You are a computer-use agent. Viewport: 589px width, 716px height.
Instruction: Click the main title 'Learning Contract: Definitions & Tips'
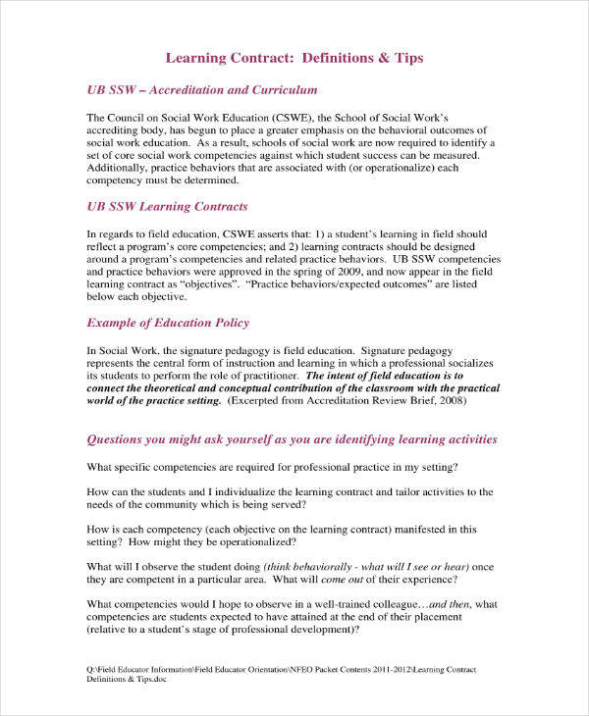coord(294,58)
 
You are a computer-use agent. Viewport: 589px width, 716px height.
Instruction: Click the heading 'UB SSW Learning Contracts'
coord(167,207)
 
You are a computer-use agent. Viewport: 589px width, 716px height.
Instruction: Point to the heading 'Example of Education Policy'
coord(168,323)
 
